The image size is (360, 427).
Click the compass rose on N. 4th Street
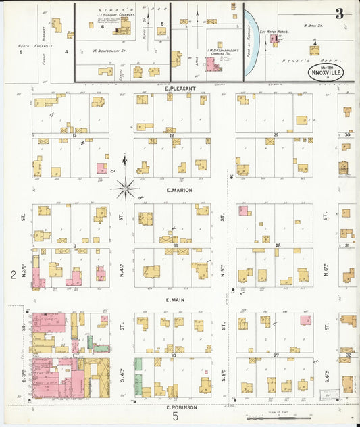click(126, 189)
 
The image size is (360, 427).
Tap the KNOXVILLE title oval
click(327, 72)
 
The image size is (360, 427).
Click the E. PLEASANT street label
click(180, 89)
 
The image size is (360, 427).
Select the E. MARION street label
click(179, 190)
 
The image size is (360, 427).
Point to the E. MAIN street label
click(179, 299)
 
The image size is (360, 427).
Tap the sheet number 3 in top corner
click(338, 14)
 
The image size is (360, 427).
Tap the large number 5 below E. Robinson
click(175, 418)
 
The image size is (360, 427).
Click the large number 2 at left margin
click(12, 274)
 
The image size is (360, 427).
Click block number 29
click(276, 135)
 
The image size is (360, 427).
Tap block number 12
click(172, 135)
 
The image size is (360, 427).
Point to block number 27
click(276, 354)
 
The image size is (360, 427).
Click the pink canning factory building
click(212, 65)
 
